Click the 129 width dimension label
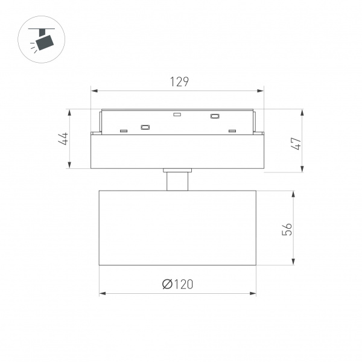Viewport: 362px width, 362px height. click(179, 81)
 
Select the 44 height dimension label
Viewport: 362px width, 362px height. click(63, 139)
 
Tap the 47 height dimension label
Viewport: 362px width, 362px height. click(296, 144)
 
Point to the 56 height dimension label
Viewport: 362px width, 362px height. click(287, 229)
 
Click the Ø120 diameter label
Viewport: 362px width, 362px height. click(177, 284)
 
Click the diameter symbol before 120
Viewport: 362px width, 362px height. click(167, 284)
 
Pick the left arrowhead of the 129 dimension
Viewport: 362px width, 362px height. click(94, 91)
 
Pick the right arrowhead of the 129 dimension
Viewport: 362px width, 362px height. click(261, 91)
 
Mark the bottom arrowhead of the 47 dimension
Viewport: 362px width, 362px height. click(302, 169)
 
